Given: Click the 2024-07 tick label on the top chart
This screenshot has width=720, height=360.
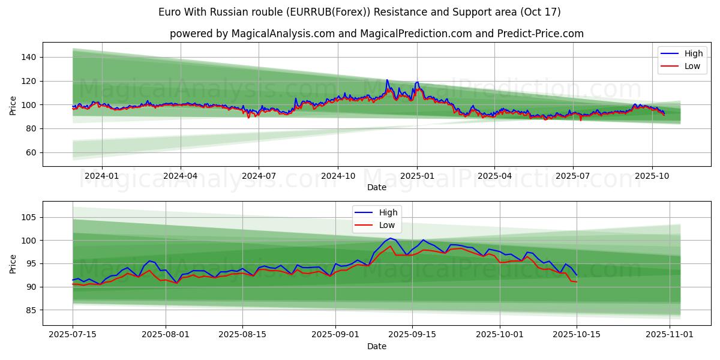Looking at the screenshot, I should point(259,176).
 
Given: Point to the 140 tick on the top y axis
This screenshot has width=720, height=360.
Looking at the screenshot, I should point(28,57).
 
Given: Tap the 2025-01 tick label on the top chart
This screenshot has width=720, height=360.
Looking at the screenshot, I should point(416,176).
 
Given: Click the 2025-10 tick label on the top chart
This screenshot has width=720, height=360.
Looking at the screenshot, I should point(652,176).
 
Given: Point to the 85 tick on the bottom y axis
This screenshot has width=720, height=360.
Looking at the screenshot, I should point(31,310).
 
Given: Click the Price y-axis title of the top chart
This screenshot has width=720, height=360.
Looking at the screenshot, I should point(13,105).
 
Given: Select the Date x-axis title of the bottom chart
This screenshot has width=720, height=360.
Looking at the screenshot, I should point(377,346).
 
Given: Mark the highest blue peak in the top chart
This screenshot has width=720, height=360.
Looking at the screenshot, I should point(387,80).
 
